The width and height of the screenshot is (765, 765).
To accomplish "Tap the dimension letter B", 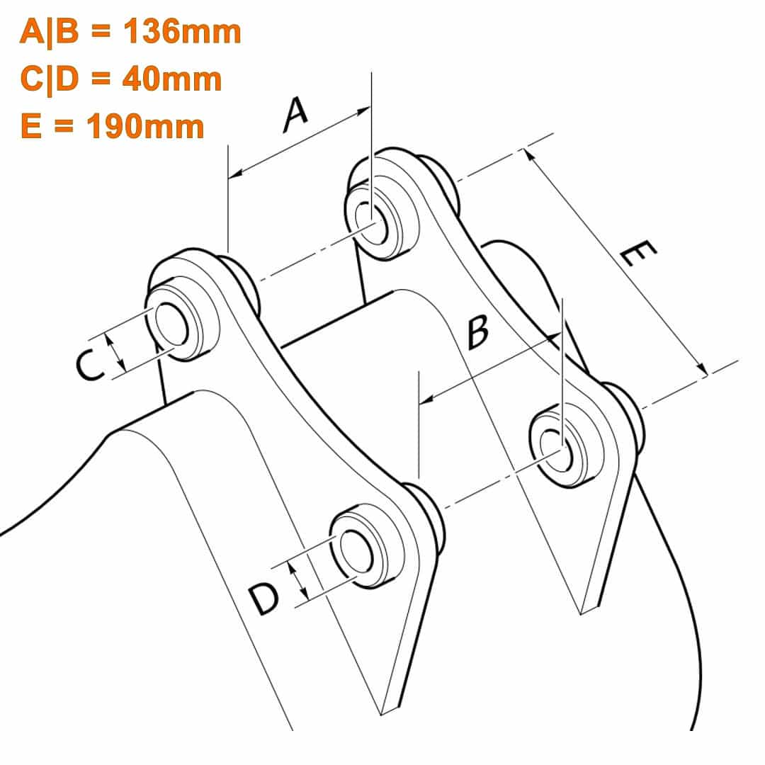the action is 477,332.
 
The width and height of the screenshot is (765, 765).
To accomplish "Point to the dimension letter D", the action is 264,600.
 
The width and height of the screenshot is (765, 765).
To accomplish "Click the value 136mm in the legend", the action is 182,32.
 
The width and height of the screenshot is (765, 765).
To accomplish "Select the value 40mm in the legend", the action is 171,79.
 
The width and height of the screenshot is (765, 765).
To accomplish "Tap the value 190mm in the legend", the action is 145,126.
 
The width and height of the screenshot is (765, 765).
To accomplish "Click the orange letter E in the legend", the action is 31,126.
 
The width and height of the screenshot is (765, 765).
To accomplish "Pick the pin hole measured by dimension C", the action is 171,324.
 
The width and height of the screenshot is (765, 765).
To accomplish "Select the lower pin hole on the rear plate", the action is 557,449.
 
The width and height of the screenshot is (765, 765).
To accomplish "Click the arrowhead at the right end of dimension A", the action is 363,112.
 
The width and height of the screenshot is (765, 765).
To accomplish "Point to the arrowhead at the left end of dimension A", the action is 236,173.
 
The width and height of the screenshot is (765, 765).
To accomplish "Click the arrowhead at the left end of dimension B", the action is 426,399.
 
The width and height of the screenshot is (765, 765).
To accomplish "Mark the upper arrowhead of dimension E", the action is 528,155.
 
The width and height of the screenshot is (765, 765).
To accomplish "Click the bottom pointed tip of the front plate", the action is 382,714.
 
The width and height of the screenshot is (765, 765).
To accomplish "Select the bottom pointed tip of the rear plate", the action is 581,613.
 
